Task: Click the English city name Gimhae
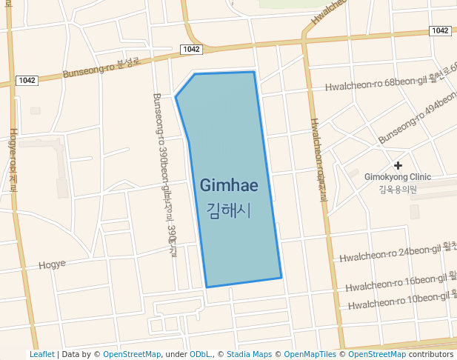point(229,187)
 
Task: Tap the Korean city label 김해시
point(229,210)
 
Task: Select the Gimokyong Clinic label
point(398,177)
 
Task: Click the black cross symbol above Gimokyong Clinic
point(398,164)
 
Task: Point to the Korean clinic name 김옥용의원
point(398,189)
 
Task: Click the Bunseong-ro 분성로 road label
point(101,68)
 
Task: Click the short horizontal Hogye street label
point(52,264)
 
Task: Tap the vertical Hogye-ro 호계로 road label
point(13,160)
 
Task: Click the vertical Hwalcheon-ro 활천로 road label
point(318,160)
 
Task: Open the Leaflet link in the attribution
point(41,354)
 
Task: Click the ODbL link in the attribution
point(199,354)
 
